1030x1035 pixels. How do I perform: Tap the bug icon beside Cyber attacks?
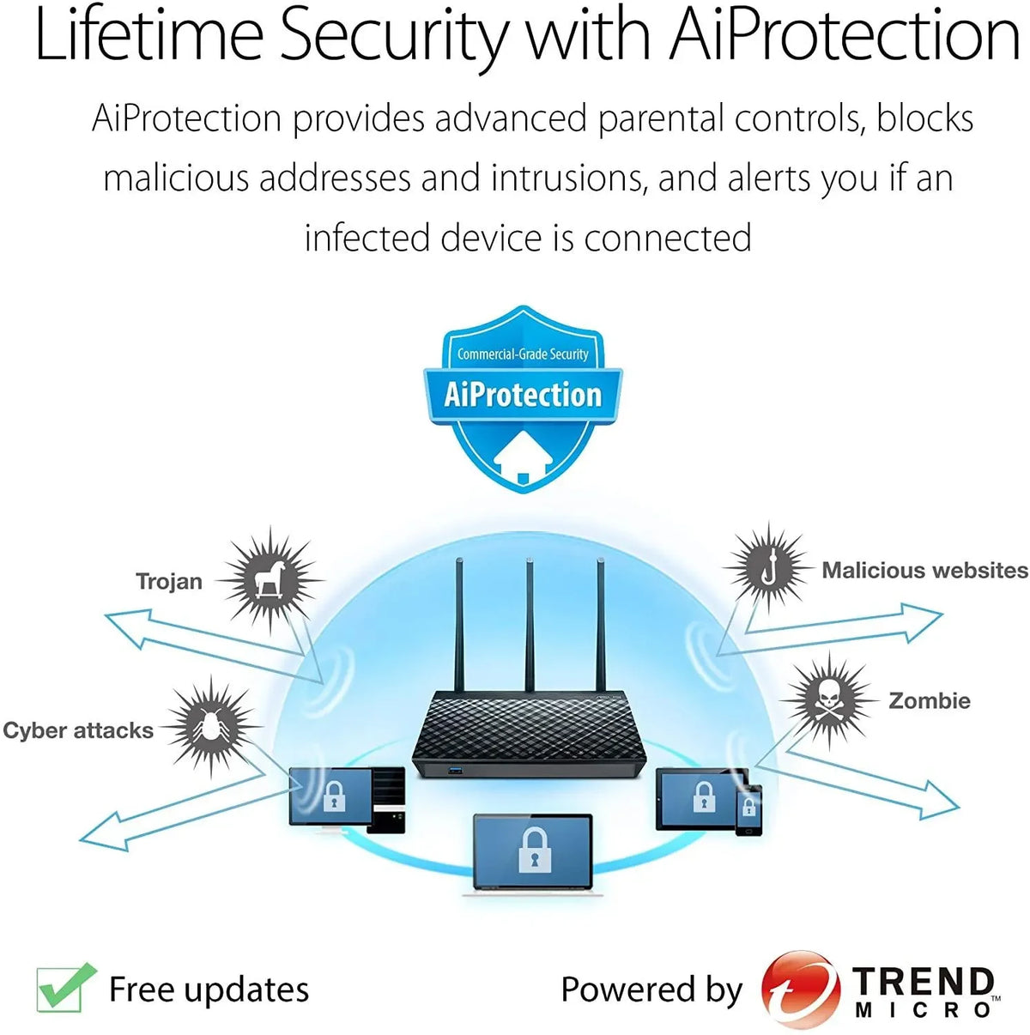point(210,727)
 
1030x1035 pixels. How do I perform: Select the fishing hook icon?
point(769,568)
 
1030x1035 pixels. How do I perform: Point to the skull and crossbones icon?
point(830,700)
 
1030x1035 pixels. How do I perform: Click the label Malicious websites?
point(924,571)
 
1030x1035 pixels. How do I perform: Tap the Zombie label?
point(930,700)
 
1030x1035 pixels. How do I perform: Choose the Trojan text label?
point(169,581)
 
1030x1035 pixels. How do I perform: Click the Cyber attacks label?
point(78,730)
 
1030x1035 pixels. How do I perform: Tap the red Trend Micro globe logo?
point(801,989)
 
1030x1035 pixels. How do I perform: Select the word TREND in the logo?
point(923,981)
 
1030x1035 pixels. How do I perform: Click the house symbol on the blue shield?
point(523,457)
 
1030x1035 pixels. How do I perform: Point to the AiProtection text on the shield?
point(523,396)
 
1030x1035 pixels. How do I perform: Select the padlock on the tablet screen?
point(703,796)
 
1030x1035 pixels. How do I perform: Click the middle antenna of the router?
point(530,625)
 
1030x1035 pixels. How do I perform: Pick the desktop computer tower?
point(385,800)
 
